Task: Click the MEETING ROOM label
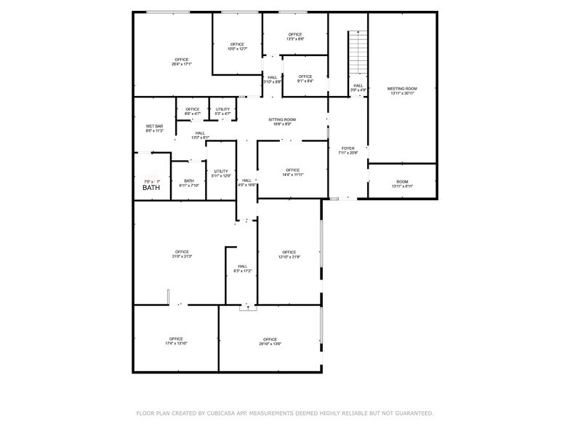click(x=402, y=88)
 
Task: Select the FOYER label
click(x=348, y=148)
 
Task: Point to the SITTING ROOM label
click(x=282, y=119)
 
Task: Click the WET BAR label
click(x=154, y=127)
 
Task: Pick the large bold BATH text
click(x=151, y=188)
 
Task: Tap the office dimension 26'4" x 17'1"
click(x=181, y=64)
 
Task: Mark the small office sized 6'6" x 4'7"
click(x=192, y=114)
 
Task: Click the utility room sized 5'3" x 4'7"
click(x=222, y=114)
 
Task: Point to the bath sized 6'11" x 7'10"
click(x=189, y=185)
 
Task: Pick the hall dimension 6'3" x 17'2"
click(x=242, y=271)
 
